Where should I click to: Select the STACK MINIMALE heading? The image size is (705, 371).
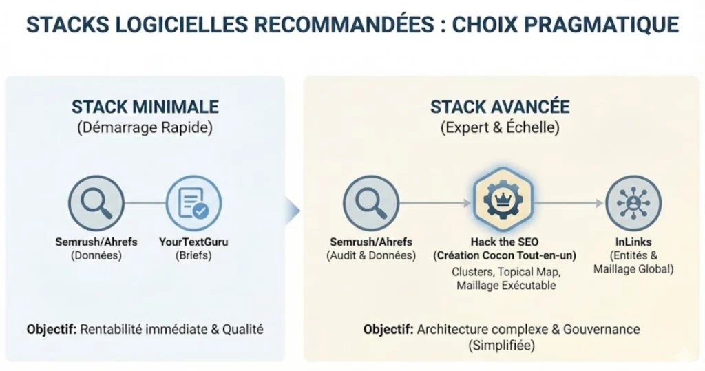click(145, 107)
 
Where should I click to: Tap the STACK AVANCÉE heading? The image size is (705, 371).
click(500, 107)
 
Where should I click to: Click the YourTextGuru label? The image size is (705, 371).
click(194, 242)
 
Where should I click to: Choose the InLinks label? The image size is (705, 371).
click(633, 242)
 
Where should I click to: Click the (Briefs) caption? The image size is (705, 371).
click(194, 255)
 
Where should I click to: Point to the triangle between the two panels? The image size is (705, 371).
click(295, 211)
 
